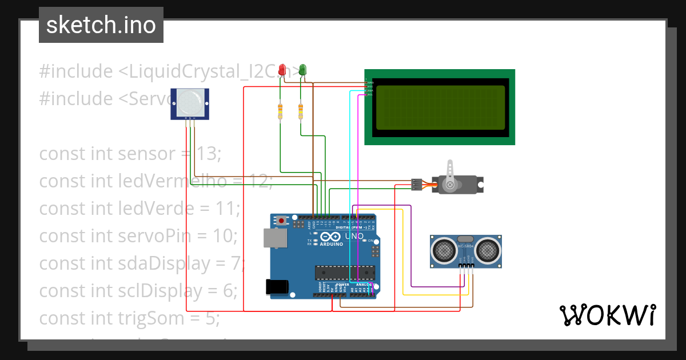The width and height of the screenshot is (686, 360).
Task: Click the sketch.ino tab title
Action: (101, 25)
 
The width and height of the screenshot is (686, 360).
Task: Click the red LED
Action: (281, 70)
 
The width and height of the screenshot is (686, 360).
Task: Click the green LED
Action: (302, 70)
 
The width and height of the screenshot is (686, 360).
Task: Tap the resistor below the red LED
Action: (280, 112)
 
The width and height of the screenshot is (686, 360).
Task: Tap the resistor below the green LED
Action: (301, 112)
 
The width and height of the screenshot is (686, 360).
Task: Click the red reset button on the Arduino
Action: (281, 220)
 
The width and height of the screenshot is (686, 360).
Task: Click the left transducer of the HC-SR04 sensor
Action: (443, 249)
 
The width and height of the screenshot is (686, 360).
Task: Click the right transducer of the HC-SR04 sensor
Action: (488, 249)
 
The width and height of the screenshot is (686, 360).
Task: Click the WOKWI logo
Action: (607, 315)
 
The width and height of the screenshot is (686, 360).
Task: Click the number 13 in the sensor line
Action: (206, 154)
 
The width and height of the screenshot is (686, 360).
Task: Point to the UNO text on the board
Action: (354, 236)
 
